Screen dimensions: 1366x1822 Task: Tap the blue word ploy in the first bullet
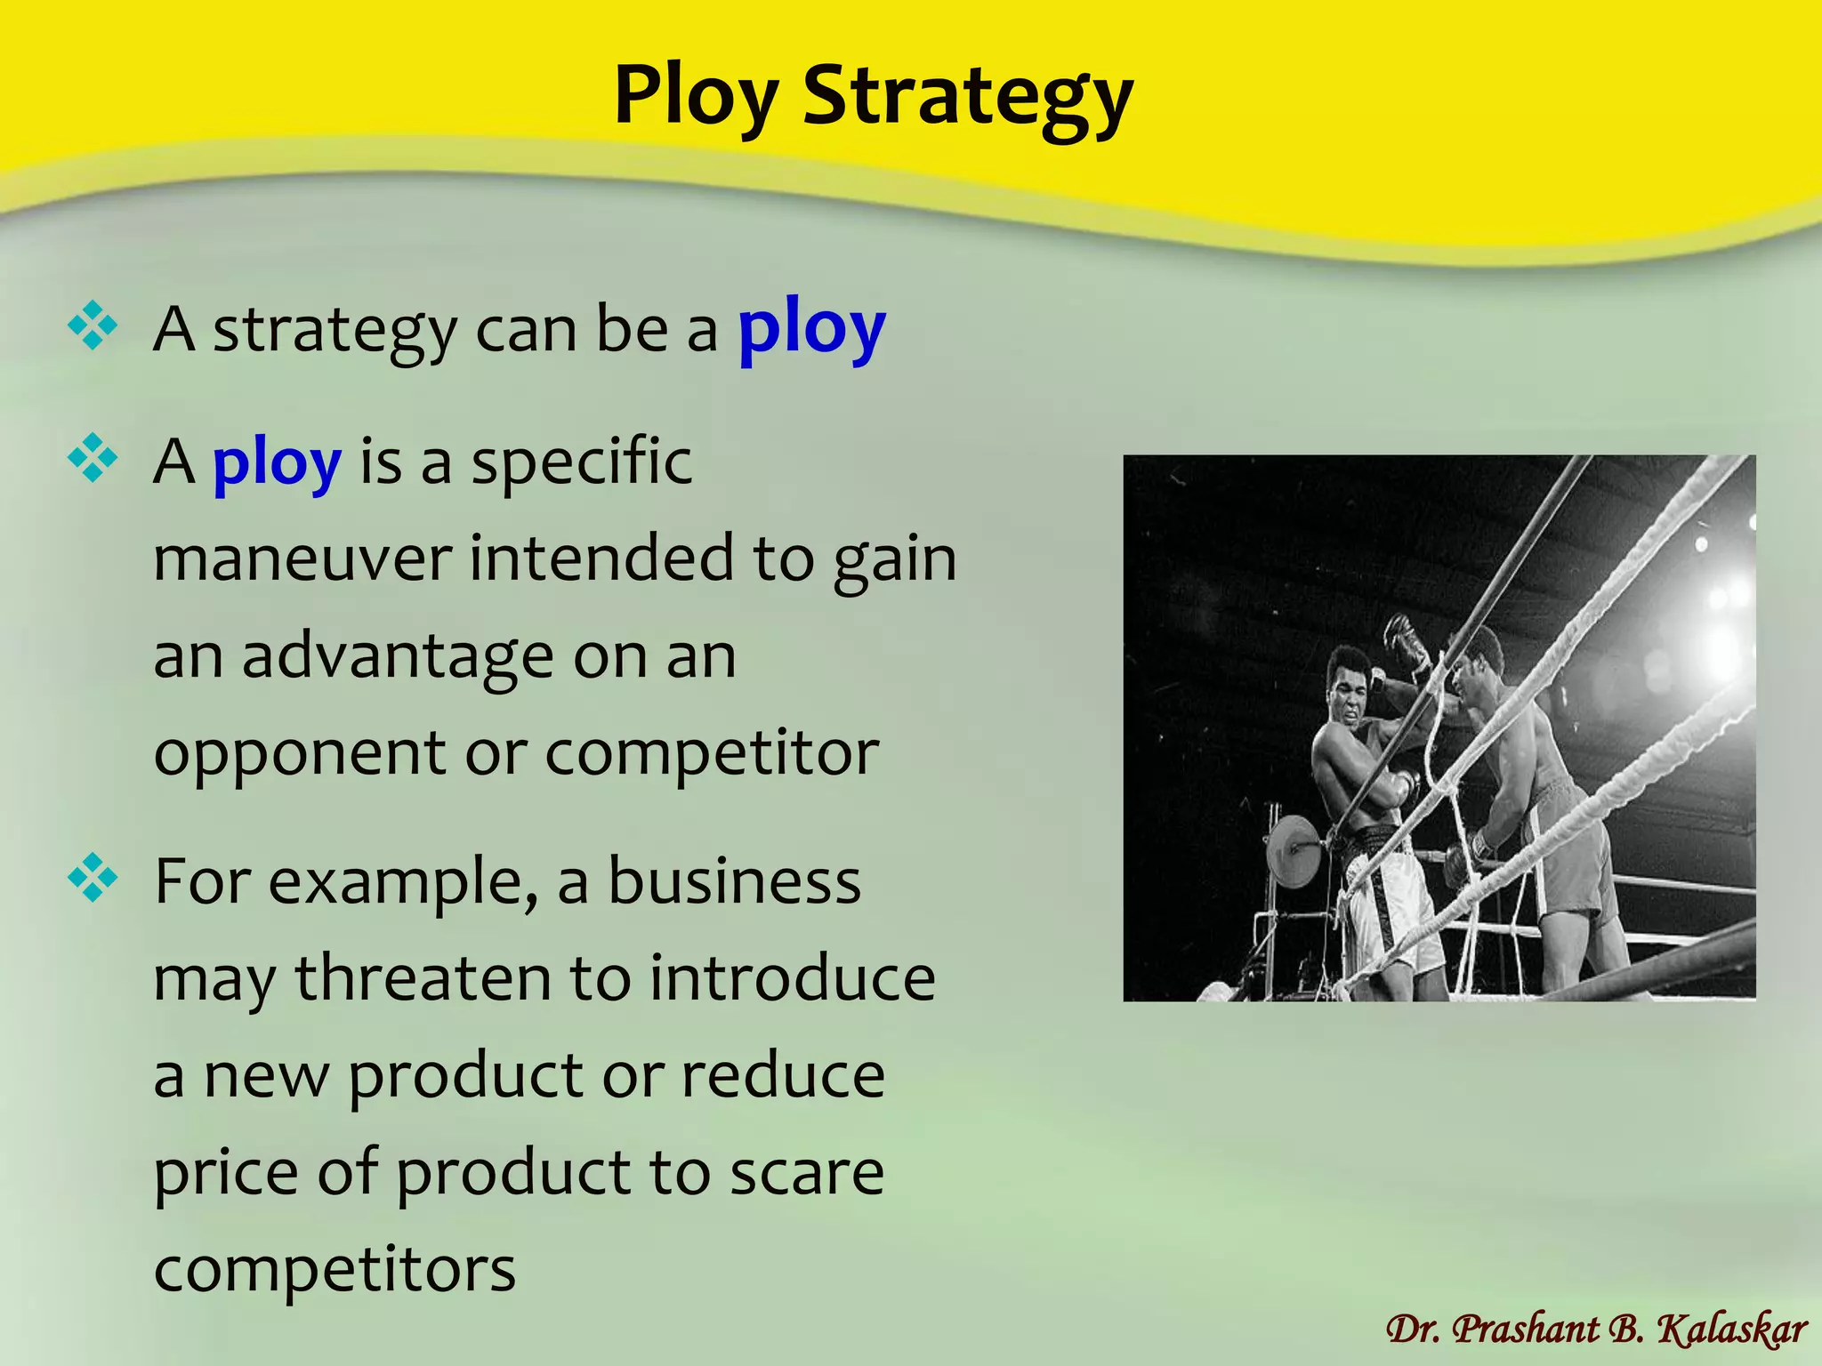811,329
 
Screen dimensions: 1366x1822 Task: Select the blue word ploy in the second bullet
277,463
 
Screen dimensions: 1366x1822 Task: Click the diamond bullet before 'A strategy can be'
93,326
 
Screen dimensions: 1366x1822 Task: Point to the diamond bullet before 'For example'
93,879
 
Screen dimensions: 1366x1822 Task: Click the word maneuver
302,559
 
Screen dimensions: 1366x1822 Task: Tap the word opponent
299,754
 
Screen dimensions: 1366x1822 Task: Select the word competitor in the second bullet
712,752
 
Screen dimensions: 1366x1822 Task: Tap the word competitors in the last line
335,1269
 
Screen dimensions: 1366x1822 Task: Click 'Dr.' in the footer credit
1415,1330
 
